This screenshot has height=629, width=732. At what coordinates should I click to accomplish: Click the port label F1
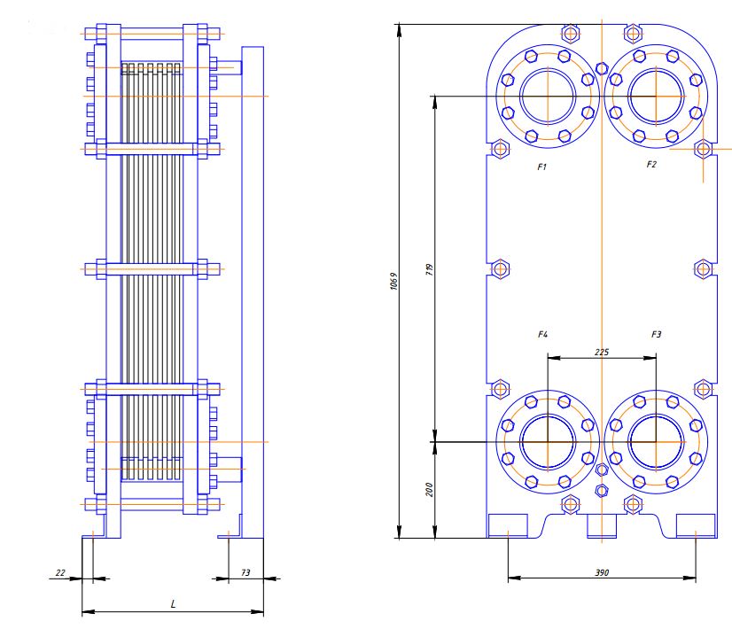click(x=542, y=166)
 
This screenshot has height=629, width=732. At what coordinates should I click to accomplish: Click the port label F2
click(x=651, y=165)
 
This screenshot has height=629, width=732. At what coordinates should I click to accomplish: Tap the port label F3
click(x=656, y=334)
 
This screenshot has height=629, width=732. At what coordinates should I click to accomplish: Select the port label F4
click(x=542, y=334)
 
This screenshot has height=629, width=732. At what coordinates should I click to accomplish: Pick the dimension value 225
click(x=602, y=352)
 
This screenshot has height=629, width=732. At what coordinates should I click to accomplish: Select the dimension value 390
click(x=602, y=573)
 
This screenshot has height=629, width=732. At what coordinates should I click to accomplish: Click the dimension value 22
click(x=60, y=574)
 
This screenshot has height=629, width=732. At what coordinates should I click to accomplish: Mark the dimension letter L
click(x=173, y=603)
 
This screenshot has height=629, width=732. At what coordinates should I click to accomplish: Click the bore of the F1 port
click(x=548, y=96)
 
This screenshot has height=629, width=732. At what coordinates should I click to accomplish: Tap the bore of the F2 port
click(x=657, y=96)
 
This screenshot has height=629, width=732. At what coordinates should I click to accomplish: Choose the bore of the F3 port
click(x=657, y=441)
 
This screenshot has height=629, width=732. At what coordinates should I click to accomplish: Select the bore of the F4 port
click(x=548, y=441)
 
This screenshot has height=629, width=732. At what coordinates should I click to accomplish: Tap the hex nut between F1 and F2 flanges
click(x=603, y=69)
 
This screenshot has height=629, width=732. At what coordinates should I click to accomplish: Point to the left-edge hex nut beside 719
click(x=499, y=267)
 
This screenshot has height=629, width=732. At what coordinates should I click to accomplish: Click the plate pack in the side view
click(x=152, y=266)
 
